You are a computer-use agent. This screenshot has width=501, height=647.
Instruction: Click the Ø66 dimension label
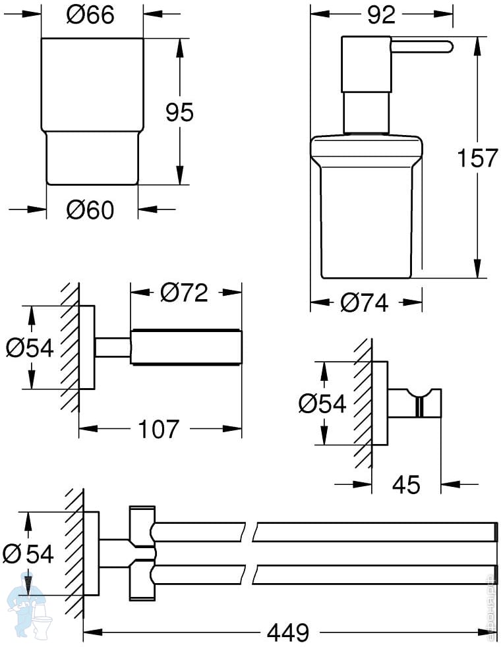pyautogui.click(x=90, y=15)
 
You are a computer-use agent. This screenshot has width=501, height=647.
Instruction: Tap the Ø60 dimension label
pyautogui.click(x=90, y=210)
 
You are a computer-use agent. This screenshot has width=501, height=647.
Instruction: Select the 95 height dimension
pyautogui.click(x=179, y=112)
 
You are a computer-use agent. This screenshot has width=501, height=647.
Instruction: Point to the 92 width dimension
pyautogui.click(x=381, y=15)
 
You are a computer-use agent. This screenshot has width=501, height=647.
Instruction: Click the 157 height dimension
pyautogui.click(x=478, y=157)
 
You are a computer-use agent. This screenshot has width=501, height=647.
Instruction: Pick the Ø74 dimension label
pyautogui.click(x=365, y=303)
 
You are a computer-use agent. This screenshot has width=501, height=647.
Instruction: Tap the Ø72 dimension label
pyautogui.click(x=184, y=293)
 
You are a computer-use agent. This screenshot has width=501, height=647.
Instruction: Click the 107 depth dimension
pyautogui.click(x=159, y=429)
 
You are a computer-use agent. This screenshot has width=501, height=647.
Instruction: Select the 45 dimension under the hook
pyautogui.click(x=406, y=484)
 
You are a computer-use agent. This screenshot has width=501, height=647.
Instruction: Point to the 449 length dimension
pyautogui.click(x=288, y=632)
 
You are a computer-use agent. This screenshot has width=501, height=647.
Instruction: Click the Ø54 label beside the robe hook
pyautogui.click(x=322, y=403)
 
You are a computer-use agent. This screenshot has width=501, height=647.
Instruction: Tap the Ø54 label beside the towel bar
pyautogui.click(x=28, y=553)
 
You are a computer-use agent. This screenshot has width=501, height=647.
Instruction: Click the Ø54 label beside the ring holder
pyautogui.click(x=30, y=349)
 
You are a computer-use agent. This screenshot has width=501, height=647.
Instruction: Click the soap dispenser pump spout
pyautogui.click(x=422, y=46)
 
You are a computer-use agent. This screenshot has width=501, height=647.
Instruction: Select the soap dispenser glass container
pyautogui.click(x=367, y=207)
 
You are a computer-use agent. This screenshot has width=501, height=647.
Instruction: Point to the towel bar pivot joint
pyautogui.click(x=142, y=553)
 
